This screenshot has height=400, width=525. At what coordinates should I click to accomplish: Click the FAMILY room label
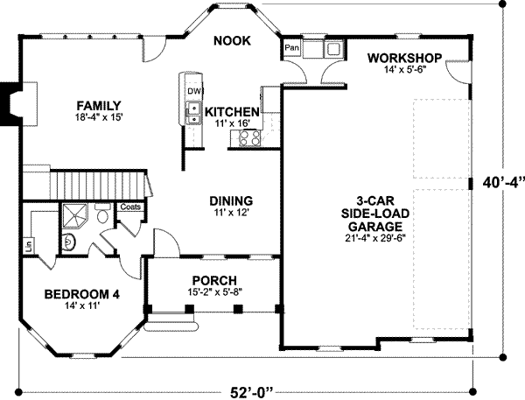click(x=97, y=106)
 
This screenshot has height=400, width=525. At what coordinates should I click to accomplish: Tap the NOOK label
click(x=233, y=40)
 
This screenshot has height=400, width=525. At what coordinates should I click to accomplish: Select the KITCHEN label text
click(x=232, y=112)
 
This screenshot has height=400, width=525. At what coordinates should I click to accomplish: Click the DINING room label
click(x=231, y=199)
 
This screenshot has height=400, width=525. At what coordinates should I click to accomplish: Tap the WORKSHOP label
click(x=403, y=58)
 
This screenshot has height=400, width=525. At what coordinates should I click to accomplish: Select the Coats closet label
click(x=130, y=207)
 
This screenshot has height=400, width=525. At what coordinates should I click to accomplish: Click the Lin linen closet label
click(x=29, y=245)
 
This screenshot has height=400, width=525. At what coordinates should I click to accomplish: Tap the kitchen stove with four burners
click(x=241, y=137)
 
